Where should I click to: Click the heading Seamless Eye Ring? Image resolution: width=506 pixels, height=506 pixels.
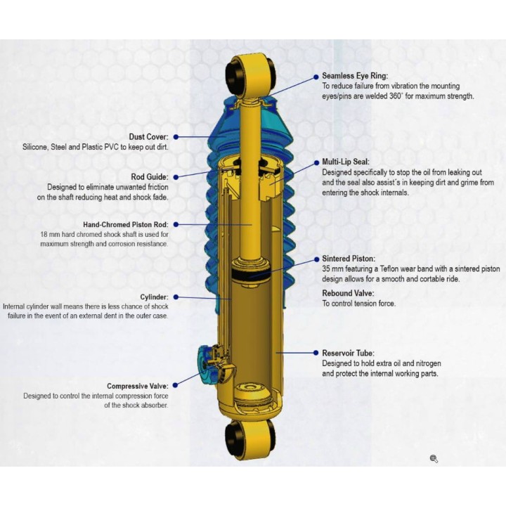[355, 76]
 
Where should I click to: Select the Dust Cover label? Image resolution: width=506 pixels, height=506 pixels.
[149, 137]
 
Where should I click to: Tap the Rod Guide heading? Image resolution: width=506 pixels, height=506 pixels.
[150, 177]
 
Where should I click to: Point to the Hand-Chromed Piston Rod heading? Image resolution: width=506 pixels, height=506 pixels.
[126, 225]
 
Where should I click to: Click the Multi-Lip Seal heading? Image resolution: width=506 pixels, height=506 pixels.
[346, 162]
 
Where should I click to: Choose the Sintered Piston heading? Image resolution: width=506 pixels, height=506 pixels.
[349, 259]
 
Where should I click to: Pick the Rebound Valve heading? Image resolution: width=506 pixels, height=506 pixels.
[348, 293]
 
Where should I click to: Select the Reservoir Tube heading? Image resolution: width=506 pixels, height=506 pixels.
[348, 353]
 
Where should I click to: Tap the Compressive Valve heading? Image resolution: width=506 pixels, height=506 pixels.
[138, 387]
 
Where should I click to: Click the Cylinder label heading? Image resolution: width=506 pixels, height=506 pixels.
[154, 297]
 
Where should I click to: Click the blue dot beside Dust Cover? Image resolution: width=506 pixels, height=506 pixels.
[176, 137]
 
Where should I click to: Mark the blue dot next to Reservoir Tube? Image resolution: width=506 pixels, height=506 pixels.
[316, 353]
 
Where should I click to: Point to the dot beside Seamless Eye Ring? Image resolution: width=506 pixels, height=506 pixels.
[316, 77]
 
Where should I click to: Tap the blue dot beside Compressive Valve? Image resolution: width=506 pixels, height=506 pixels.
[175, 385]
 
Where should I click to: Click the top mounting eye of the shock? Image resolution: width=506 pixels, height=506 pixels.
[251, 75]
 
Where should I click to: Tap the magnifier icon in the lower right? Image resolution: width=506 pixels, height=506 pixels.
[434, 458]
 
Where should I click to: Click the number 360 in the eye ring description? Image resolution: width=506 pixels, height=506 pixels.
[395, 96]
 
